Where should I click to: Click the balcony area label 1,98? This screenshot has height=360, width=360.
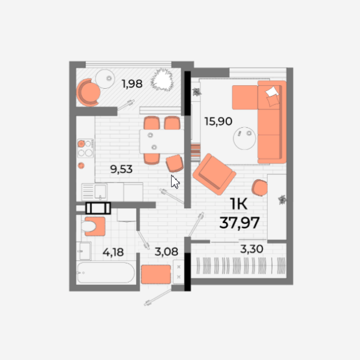[x=132, y=84]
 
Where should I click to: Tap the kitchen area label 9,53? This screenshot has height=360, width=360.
[x=121, y=169]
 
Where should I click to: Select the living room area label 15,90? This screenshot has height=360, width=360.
[x=218, y=121]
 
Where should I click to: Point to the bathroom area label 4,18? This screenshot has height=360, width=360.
[x=113, y=253]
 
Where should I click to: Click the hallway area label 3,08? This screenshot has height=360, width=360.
[x=166, y=251]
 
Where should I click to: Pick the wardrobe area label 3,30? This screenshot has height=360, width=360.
[x=251, y=249]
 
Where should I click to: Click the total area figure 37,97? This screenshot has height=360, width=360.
[x=239, y=223]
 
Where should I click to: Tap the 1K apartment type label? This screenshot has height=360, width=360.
[x=239, y=204]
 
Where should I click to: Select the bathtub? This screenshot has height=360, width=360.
[x=106, y=273]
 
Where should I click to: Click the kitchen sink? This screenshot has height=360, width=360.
[x=94, y=192]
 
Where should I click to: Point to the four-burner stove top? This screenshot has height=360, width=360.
[x=85, y=148]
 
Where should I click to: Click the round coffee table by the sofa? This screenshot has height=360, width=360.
[x=244, y=139]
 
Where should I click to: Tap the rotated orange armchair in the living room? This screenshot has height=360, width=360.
[x=214, y=174]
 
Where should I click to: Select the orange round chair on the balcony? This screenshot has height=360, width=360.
[x=88, y=92]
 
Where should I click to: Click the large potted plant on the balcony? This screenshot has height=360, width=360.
[x=162, y=80]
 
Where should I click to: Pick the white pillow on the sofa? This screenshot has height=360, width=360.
[x=272, y=91]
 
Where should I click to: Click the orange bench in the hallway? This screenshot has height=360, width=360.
[x=156, y=274]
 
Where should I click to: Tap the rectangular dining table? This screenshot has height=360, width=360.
[x=162, y=142]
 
